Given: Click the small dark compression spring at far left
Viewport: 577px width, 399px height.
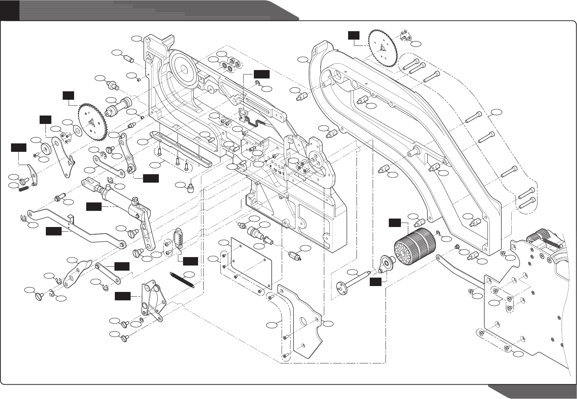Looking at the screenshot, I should coord(23,188).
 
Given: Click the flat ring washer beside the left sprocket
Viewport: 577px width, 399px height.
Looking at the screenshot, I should coord(77,130).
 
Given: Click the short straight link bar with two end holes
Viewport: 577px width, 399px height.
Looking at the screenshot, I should coord(108,273).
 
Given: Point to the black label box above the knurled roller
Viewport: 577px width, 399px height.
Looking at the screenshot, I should coord(395,222).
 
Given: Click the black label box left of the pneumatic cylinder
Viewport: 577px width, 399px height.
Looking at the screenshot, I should coord(94,207).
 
